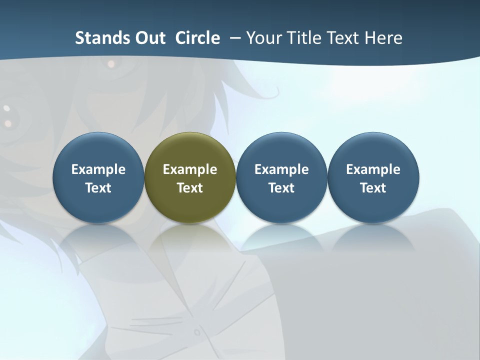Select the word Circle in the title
pos(197,38)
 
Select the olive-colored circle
pos(190,150)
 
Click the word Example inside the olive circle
pos(190,169)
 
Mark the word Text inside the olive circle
pos(190,188)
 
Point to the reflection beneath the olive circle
pos(190,237)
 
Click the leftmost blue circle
pos(98,150)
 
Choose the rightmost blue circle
pos(373,150)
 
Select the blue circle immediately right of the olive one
pos(281,150)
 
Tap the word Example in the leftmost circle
pos(98,169)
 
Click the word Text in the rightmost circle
pos(373,188)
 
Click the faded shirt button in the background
pos(197,332)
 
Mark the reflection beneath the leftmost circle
pos(98,237)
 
